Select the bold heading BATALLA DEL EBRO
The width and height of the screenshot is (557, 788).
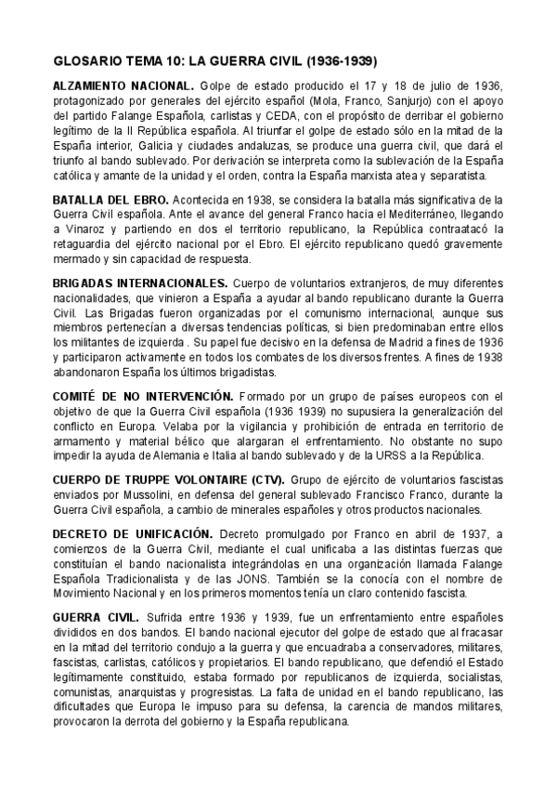point(111,200)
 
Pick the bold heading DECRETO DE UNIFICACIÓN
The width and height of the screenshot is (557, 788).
point(134,534)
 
